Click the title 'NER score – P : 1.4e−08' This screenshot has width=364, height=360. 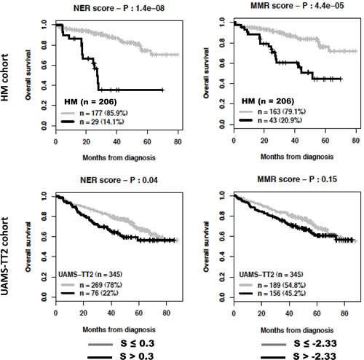click(119, 8)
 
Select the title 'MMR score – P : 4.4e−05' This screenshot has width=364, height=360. click(297, 6)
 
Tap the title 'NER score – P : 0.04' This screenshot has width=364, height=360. click(119, 180)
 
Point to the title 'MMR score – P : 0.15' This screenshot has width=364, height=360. click(297, 179)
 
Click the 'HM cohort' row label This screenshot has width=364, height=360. click(5, 77)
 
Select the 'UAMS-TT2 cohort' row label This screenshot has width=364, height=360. click(5, 256)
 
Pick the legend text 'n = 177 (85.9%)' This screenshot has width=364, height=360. click(103, 113)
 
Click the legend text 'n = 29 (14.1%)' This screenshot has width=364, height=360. click(102, 122)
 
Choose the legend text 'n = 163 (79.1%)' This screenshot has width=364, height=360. click(282, 111)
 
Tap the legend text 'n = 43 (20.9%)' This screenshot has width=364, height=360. click(280, 120)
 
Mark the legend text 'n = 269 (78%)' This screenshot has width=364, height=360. click(100, 285)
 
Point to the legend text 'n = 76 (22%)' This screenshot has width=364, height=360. click(99, 293)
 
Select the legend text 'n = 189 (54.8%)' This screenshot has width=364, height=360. click(282, 285)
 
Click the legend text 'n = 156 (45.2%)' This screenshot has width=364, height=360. click(282, 293)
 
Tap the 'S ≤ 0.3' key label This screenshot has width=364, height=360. click(138, 343)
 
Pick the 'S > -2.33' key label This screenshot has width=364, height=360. click(314, 356)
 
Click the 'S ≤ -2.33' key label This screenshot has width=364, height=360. click(315, 343)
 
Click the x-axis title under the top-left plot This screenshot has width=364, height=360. click(119, 158)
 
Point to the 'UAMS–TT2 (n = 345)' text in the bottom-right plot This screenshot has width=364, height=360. click(271, 275)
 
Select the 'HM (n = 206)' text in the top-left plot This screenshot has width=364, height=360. click(90, 102)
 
